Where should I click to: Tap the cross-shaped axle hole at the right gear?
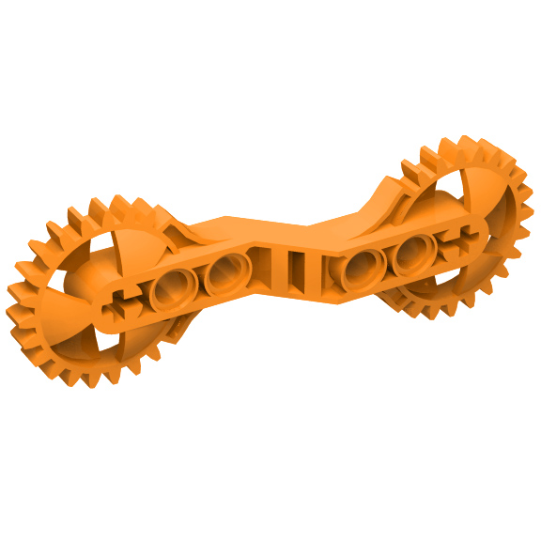coord(459,239)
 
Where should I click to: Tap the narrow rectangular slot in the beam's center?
coord(295,270)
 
